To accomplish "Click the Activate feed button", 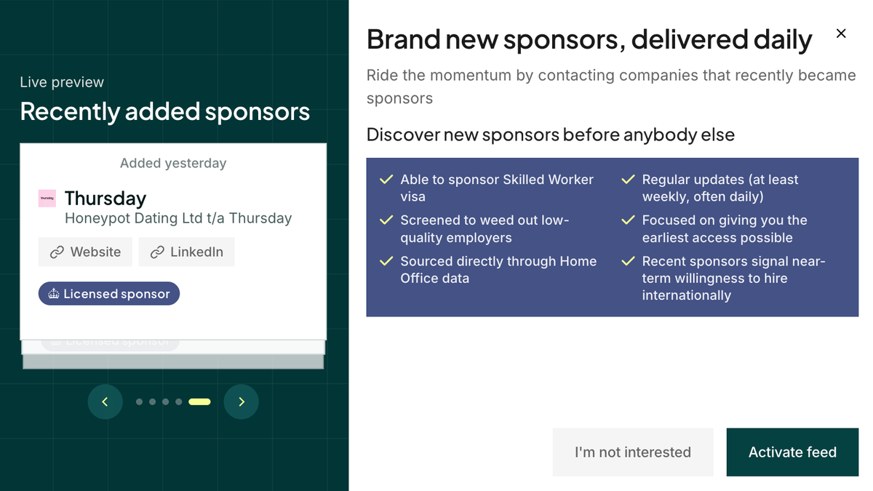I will tap(792, 452).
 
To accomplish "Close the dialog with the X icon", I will tap(841, 33).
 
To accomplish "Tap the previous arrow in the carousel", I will tap(105, 402).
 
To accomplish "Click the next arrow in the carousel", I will tap(242, 402).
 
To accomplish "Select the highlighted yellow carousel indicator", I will tap(199, 402).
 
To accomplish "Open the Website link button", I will tap(85, 252).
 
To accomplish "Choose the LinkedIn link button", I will tap(186, 252).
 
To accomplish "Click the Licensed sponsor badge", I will tap(109, 294).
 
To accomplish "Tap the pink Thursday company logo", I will tap(47, 198).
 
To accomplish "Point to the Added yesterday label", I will tap(173, 163).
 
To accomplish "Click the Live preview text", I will tap(62, 82).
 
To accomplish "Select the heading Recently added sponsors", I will tap(165, 111).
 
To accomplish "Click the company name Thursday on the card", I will tap(105, 198).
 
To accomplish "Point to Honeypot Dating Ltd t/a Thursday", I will tap(178, 217).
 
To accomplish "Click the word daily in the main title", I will tap(778, 39).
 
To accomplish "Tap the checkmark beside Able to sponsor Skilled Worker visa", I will tap(386, 180).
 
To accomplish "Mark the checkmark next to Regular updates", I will tap(628, 180).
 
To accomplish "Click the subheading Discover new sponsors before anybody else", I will tap(550, 135).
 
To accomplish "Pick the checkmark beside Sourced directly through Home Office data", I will tap(386, 261).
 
